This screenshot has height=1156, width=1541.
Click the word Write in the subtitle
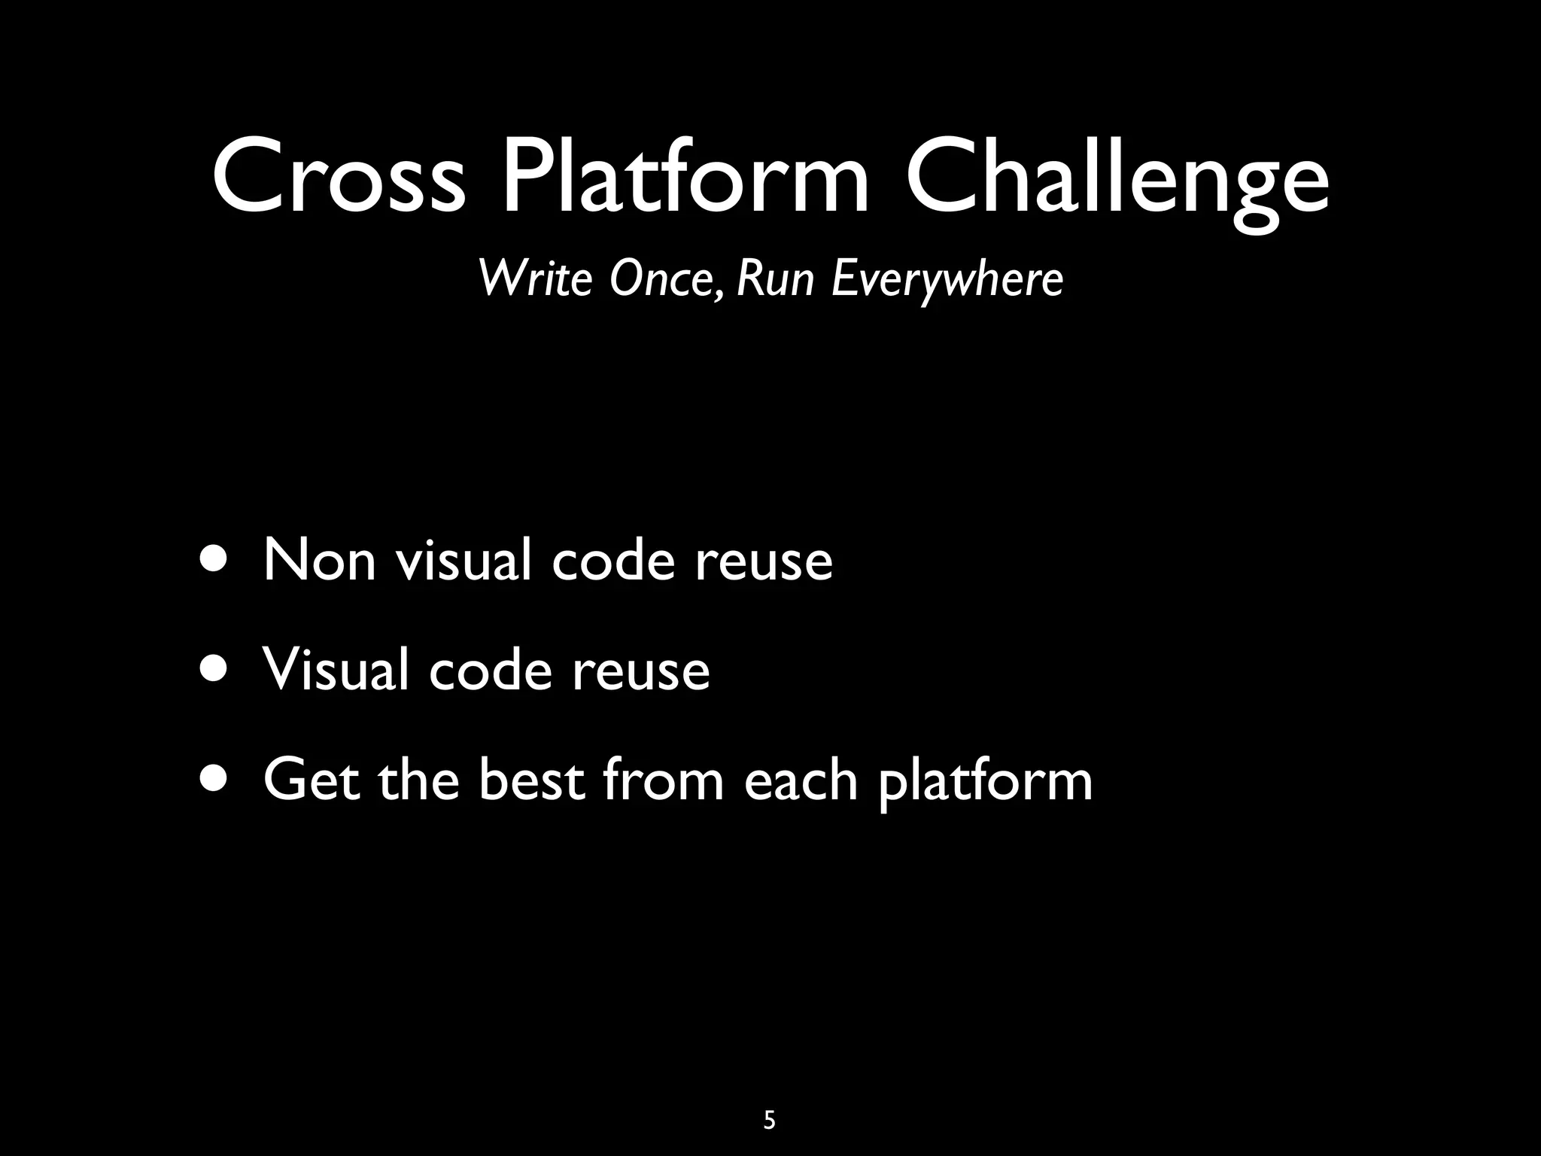[536, 278]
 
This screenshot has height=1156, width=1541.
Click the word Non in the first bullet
[320, 560]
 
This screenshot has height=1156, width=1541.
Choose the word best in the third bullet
[531, 780]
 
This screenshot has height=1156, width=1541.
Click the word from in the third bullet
[663, 780]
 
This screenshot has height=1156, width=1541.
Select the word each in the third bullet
[801, 780]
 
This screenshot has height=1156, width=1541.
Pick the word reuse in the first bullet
[763, 561]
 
